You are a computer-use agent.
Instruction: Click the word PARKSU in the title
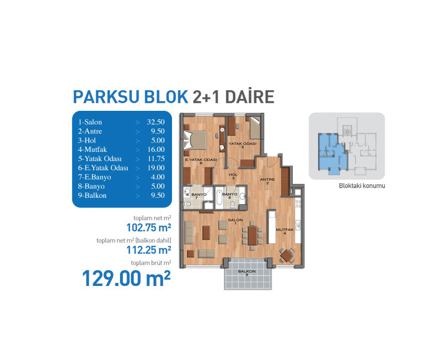(107, 97)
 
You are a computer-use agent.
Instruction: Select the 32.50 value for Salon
(156, 122)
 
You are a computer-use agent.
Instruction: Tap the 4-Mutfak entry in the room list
(93, 149)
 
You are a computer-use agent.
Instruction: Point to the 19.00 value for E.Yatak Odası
(156, 168)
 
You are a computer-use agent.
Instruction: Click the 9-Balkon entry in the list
(93, 196)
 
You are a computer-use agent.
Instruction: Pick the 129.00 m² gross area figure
(126, 278)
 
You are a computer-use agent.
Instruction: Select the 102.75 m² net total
(149, 228)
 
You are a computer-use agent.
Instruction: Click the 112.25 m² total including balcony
(149, 250)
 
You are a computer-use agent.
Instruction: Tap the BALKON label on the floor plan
(247, 271)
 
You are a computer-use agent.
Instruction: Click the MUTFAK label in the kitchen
(285, 230)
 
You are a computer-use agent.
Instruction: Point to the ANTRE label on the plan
(267, 179)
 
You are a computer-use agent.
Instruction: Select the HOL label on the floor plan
(233, 175)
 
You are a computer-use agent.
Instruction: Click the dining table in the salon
(253, 235)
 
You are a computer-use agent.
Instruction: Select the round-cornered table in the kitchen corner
(286, 255)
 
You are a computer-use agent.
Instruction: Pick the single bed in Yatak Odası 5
(255, 128)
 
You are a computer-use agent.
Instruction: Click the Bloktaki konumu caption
(362, 186)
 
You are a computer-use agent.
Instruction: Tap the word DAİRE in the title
(250, 96)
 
